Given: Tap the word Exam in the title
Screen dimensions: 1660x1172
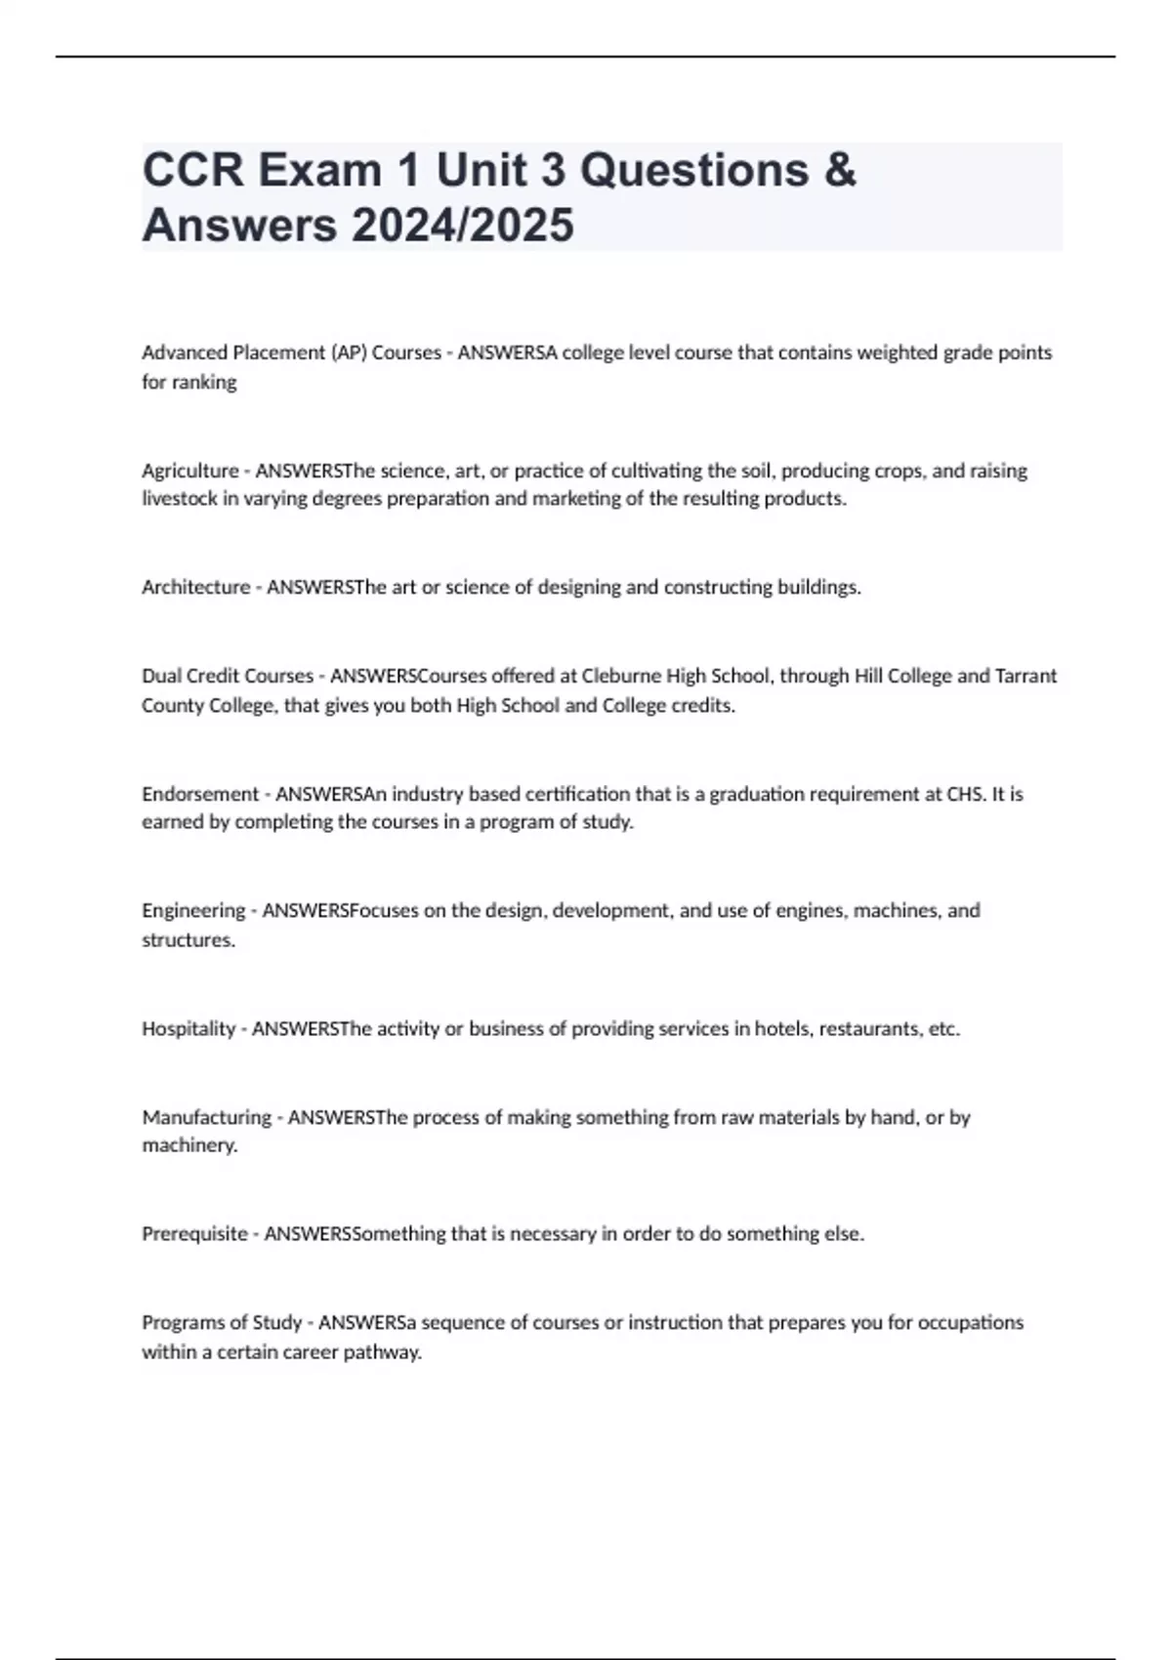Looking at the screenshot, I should [319, 170].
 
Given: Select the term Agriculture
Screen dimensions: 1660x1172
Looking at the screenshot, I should [190, 471].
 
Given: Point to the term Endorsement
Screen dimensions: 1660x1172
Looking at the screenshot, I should [200, 794].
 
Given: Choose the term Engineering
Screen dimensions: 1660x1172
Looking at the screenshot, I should [193, 911].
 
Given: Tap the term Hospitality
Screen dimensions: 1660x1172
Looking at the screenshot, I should [188, 1028].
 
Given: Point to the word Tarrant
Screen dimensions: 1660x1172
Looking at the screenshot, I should [1025, 676].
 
